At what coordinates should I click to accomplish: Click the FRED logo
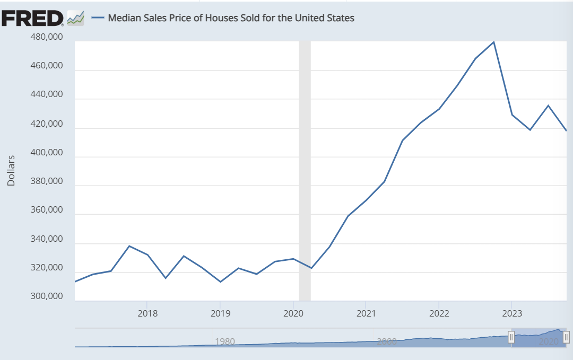coord(32,18)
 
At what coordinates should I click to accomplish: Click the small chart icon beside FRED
coord(76,18)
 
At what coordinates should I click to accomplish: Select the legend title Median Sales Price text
coord(231,18)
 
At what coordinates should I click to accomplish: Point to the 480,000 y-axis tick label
coord(46,37)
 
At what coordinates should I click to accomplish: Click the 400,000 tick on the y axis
coord(46,152)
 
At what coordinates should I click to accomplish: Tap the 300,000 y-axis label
coord(46,296)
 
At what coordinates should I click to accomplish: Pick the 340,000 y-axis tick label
coord(46,239)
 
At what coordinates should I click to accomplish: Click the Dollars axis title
coord(11,171)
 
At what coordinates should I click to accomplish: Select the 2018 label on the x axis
coord(147,313)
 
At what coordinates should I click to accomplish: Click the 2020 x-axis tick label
coord(293,313)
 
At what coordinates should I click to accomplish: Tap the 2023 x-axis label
coord(512,313)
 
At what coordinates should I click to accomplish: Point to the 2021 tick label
coord(366,313)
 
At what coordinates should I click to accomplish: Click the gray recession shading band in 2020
coord(305,171)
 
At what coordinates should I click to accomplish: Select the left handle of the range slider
coord(511,337)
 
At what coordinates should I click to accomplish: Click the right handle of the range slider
coord(566,337)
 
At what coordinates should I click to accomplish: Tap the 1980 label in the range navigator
coord(225,341)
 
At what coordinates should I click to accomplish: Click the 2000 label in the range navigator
coord(387,341)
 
